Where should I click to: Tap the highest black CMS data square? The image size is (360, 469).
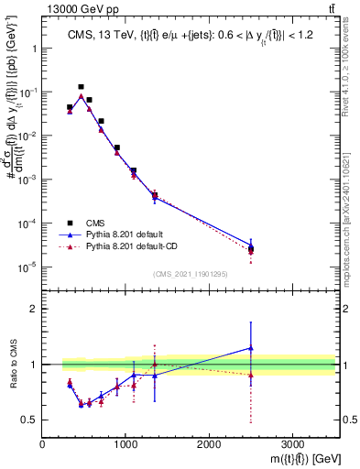81,87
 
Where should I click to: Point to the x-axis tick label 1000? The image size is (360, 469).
125,445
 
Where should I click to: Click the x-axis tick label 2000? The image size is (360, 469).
209,445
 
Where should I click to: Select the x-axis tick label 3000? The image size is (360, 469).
292,445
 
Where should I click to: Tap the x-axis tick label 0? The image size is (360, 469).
43,445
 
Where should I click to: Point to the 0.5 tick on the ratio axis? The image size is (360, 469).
30,420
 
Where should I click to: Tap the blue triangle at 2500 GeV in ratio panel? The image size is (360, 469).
251,348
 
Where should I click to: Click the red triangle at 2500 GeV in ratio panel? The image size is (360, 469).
251,375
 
